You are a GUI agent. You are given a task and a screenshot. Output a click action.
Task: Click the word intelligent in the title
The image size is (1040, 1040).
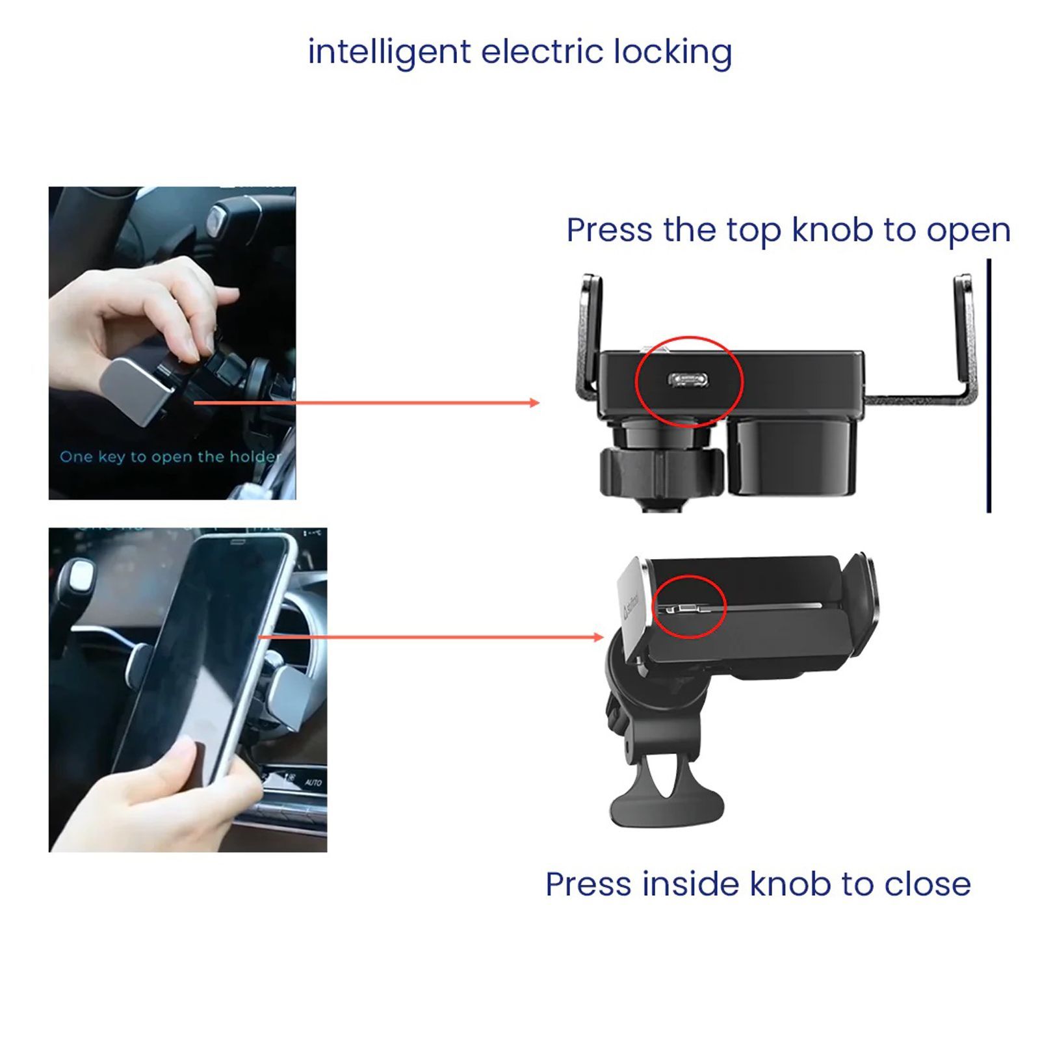(x=389, y=52)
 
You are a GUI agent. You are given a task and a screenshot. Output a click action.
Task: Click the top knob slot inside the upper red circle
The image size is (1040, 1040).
(x=688, y=379)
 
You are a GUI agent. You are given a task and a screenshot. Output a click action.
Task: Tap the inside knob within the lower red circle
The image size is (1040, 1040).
(x=686, y=609)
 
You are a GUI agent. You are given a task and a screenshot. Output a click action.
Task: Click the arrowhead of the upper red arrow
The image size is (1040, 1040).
(x=535, y=403)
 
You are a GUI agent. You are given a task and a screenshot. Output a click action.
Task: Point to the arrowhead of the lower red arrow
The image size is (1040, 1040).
(x=599, y=637)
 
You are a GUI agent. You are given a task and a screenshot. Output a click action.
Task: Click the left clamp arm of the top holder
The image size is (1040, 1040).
(x=589, y=331)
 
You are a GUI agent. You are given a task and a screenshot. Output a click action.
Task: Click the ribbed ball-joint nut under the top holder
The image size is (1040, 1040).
(x=660, y=468)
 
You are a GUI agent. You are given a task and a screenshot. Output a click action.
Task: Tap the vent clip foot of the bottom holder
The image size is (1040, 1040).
(x=666, y=806)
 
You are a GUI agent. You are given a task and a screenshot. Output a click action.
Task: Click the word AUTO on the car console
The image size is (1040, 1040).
(x=313, y=783)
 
